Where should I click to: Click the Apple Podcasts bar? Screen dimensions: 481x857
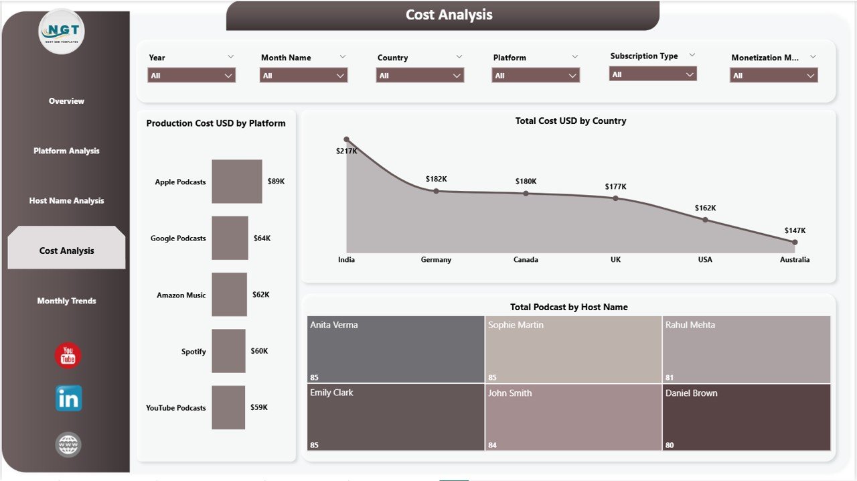coord(237,182)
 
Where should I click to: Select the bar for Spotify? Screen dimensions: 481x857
coord(228,351)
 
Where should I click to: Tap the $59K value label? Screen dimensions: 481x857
coord(259,407)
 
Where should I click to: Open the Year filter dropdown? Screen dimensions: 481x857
coord(191,76)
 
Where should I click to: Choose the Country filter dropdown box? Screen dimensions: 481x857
coord(420,76)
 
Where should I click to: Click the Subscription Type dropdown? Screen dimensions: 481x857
coord(653,74)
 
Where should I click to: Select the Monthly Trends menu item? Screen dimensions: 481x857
coord(66,301)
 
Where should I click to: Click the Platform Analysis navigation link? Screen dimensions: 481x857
coord(66,151)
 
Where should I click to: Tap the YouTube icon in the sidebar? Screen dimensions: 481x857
coord(68,356)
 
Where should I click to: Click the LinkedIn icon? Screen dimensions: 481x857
coord(68,399)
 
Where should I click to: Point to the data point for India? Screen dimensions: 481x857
coord(346,139)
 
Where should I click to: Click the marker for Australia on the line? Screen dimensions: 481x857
coord(795,243)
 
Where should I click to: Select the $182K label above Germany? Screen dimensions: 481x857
coord(436,179)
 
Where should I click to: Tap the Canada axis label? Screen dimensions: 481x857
coord(526,260)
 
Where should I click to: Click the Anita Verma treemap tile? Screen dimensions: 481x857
coord(395,350)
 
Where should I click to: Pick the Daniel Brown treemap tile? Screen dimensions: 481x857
coord(747,417)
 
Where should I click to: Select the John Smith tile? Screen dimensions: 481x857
coord(573,417)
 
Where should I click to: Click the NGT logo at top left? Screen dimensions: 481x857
coord(62,31)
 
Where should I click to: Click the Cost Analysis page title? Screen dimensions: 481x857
coord(449,15)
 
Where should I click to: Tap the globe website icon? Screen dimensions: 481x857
coord(68,445)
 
